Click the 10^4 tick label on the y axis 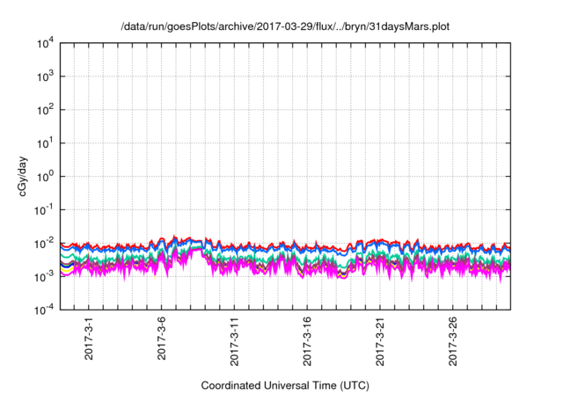[46, 43]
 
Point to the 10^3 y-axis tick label [46, 77]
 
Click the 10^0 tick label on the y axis [46, 176]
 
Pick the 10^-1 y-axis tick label [45, 209]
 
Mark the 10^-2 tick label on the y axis [45, 243]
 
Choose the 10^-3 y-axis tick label [45, 275]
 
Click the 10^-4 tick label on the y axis [45, 309]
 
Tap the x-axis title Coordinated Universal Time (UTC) [285, 385]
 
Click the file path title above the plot [285, 26]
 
